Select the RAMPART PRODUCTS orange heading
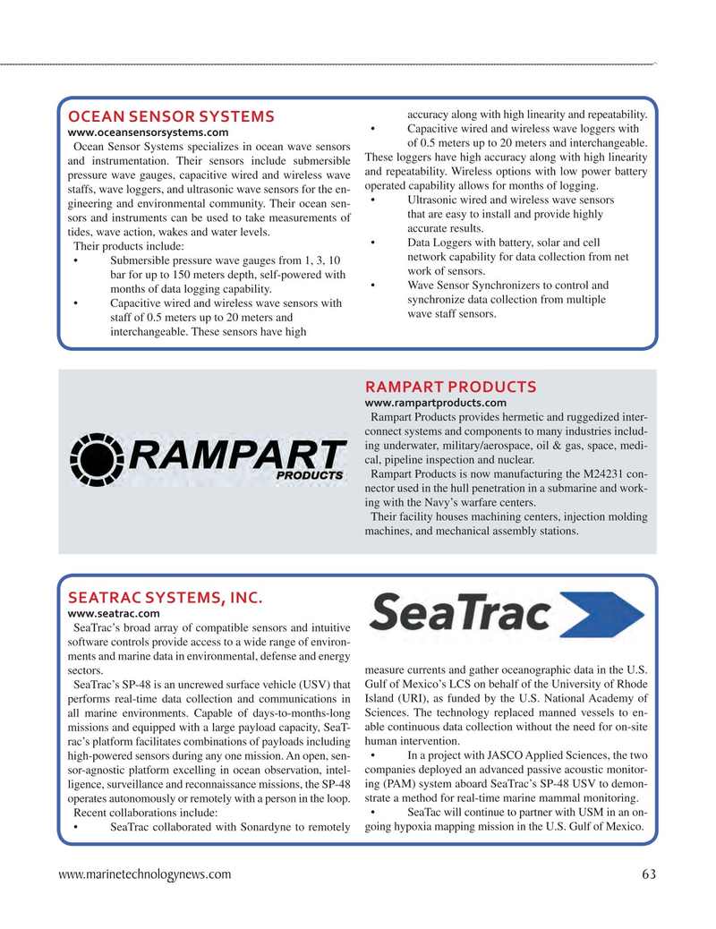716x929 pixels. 450,387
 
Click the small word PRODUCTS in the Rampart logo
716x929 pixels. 309,475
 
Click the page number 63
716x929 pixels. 648,874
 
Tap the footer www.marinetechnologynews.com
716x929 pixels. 145,874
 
